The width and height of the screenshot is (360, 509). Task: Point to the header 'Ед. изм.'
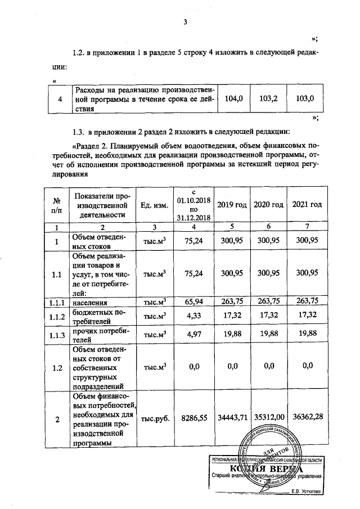[154, 205]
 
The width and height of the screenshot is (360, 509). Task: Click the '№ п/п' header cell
[56, 205]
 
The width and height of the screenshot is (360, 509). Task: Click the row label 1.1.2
[56, 317]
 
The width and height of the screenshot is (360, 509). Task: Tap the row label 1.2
[56, 368]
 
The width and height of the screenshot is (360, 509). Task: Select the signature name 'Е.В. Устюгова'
[306, 492]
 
